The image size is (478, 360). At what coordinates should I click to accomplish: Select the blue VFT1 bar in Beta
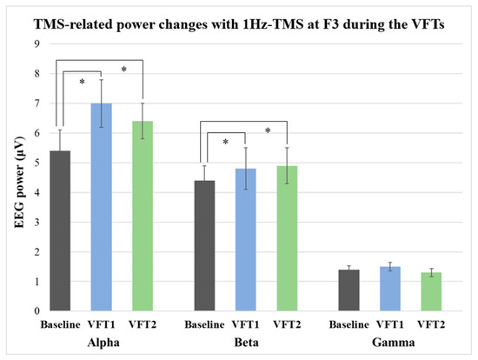click(245, 239)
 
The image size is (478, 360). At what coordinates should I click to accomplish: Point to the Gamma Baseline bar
click(348, 290)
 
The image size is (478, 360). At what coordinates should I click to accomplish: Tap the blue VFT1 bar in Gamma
click(389, 289)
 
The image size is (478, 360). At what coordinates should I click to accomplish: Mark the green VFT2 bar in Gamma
click(430, 292)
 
